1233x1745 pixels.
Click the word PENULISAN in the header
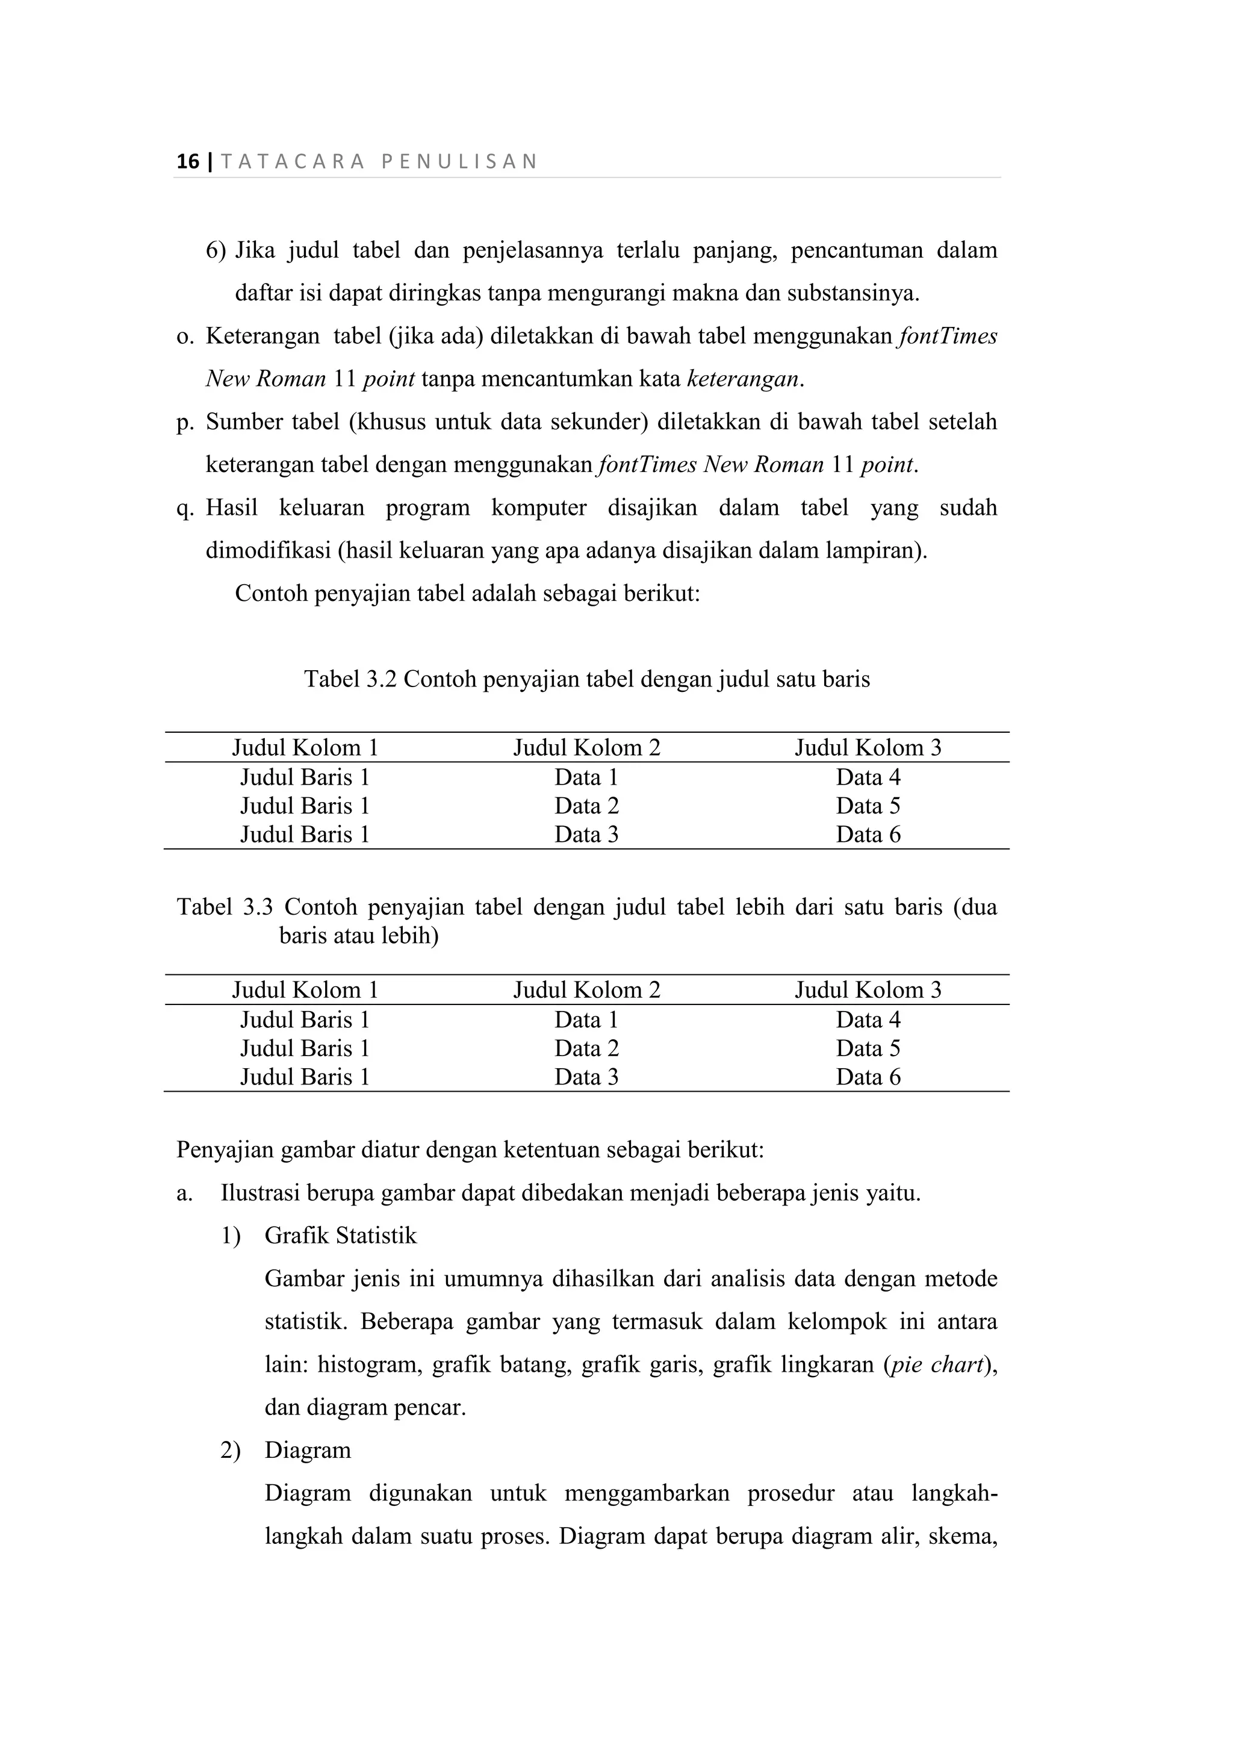pyautogui.click(x=459, y=161)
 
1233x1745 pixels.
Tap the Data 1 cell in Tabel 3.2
pyautogui.click(x=586, y=777)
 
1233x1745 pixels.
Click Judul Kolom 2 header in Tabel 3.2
pyautogui.click(x=586, y=747)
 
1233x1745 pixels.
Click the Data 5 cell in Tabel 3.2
pyautogui.click(x=868, y=806)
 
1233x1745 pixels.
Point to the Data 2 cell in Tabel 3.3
pyautogui.click(x=586, y=1048)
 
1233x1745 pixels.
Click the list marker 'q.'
pyautogui.click(x=185, y=508)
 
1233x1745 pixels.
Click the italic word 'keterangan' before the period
pyautogui.click(x=742, y=379)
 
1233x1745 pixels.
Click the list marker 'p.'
pyautogui.click(x=185, y=422)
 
